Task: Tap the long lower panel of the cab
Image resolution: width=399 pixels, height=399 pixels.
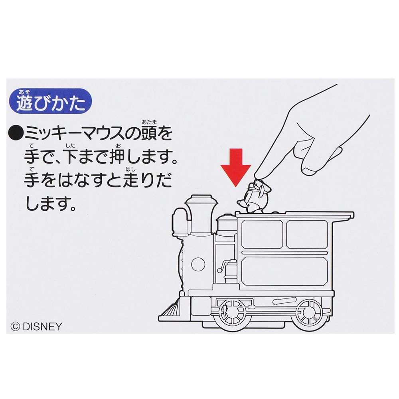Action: [284, 270]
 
